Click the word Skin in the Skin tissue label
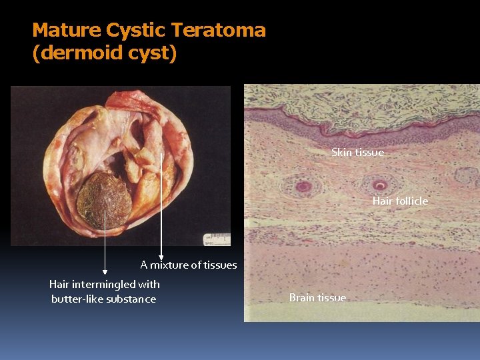click(341, 153)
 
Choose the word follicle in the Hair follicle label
click(412, 201)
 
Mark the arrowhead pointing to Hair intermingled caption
click(105, 272)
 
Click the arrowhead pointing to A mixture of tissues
click(161, 256)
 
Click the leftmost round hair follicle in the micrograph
click(303, 186)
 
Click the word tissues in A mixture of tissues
click(220, 265)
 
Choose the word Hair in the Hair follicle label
click(383, 201)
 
